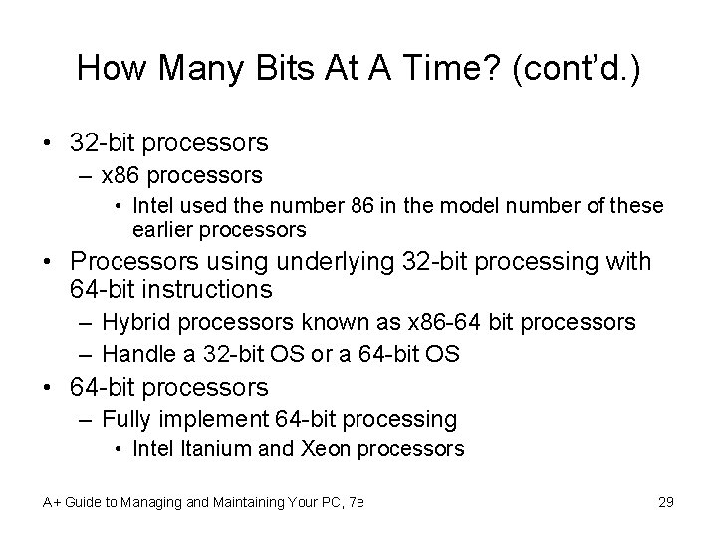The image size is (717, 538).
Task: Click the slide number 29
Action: pos(666,501)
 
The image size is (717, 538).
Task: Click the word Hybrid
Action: pos(137,323)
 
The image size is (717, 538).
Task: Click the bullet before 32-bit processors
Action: pos(48,143)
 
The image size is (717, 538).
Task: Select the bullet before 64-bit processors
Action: pos(48,386)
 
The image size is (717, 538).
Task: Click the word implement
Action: pos(208,419)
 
